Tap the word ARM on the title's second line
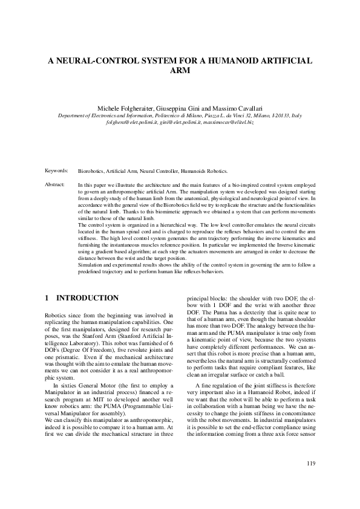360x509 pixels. pyautogui.click(x=180, y=71)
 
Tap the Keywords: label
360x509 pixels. pyautogui.click(x=56, y=171)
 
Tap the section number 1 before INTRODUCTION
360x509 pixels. pyautogui.click(x=48, y=298)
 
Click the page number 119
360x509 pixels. pyautogui.click(x=311, y=464)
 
